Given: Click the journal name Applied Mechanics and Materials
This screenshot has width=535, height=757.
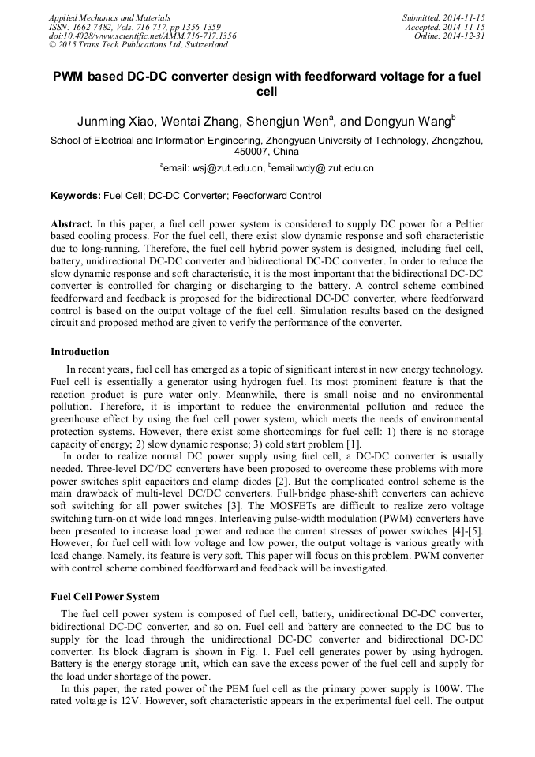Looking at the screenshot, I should (x=110, y=17).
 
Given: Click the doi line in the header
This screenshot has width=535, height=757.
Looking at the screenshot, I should (x=142, y=36).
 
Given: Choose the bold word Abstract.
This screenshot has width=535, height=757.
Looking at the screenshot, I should (x=72, y=224).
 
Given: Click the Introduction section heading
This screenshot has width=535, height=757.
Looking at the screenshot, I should (x=80, y=352).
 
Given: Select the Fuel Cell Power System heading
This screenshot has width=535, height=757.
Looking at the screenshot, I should (x=105, y=597).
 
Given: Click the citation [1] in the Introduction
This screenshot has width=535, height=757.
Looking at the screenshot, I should (x=350, y=444).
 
